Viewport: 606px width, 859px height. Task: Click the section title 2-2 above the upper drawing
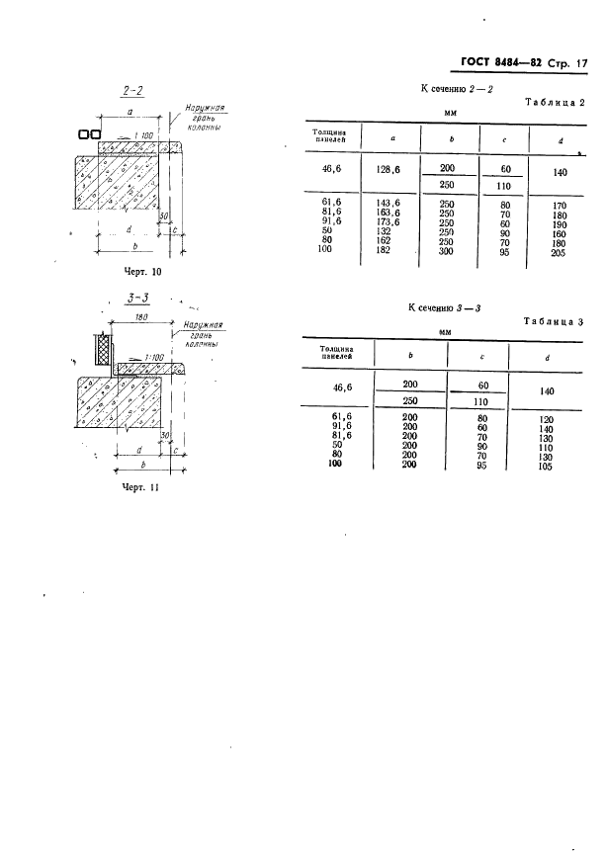[132, 90]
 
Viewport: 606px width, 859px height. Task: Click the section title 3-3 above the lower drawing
[138, 299]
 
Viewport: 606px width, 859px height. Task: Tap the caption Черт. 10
[143, 271]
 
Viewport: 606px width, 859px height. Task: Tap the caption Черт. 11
[140, 487]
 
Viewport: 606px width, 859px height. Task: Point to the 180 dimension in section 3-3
[140, 316]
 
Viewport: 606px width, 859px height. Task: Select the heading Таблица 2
[555, 102]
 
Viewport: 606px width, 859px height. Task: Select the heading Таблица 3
[553, 321]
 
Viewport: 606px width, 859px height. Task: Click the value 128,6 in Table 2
[388, 170]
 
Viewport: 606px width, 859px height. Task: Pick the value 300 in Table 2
[447, 251]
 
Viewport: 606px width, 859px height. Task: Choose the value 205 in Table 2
[560, 253]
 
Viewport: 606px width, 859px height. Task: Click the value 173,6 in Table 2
[388, 221]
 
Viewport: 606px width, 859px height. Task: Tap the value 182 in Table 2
[384, 250]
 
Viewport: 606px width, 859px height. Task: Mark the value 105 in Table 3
[545, 467]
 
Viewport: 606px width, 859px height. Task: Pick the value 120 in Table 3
[546, 420]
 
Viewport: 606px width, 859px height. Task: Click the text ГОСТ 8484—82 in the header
[501, 63]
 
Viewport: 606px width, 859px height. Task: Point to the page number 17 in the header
[581, 63]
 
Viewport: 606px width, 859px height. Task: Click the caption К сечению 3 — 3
[444, 307]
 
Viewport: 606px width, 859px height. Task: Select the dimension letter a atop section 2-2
[130, 111]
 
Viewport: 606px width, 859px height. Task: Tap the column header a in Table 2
[392, 138]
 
